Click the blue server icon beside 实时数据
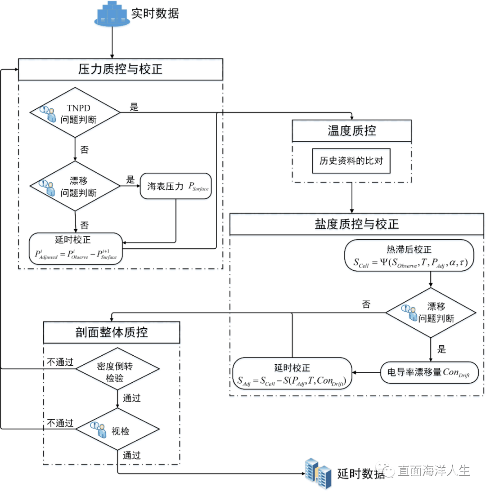111,15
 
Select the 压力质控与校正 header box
121,69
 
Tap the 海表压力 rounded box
175,186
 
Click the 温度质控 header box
351,131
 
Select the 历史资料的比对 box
351,160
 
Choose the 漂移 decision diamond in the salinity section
431,313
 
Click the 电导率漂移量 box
429,372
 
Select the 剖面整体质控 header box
112,332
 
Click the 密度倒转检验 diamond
117,371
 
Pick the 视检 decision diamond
117,429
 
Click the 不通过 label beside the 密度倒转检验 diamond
59,362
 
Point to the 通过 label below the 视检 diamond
131,455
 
